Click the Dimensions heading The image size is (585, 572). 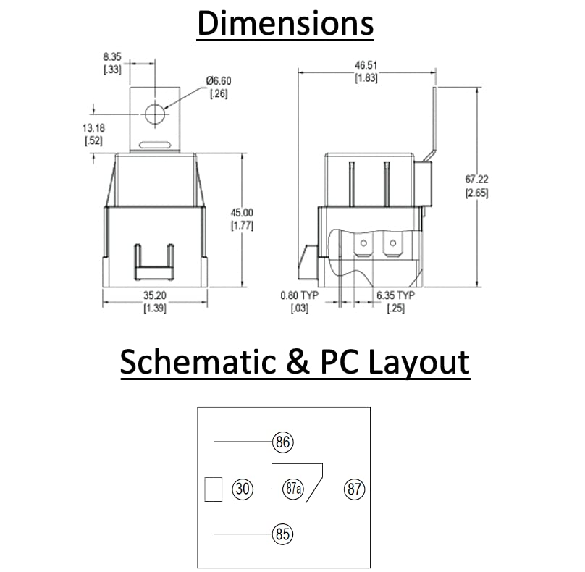pos(285,23)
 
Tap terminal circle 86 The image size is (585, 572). pos(282,441)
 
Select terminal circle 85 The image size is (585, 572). pos(282,535)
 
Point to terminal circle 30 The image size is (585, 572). pos(243,489)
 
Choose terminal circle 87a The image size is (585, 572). pos(292,489)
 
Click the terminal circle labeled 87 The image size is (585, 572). pos(354,489)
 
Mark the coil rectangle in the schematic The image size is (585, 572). pos(213,489)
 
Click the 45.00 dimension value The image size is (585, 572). pos(241,212)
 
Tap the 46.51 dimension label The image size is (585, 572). pos(366,64)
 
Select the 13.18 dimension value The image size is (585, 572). pos(93,129)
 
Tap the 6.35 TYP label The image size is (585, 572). pos(395,295)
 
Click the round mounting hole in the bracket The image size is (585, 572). pos(154,113)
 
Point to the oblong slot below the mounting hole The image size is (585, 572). pos(154,143)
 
